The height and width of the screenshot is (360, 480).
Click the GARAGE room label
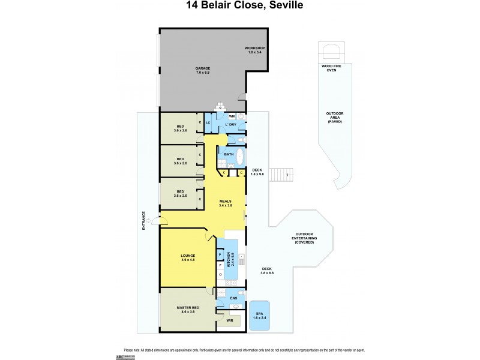click(202, 69)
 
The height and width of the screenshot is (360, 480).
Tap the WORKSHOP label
click(254, 48)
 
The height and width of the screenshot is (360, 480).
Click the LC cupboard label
click(208, 123)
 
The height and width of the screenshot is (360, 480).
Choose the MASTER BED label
click(187, 308)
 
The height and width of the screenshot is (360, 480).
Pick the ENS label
click(233, 297)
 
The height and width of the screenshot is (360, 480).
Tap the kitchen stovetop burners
click(241, 259)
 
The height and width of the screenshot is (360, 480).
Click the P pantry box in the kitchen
click(220, 254)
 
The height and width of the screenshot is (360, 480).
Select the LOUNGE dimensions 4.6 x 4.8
click(188, 259)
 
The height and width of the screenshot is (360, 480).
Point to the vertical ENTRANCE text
click(143, 220)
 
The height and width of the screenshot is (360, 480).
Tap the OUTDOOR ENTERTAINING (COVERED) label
click(304, 238)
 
